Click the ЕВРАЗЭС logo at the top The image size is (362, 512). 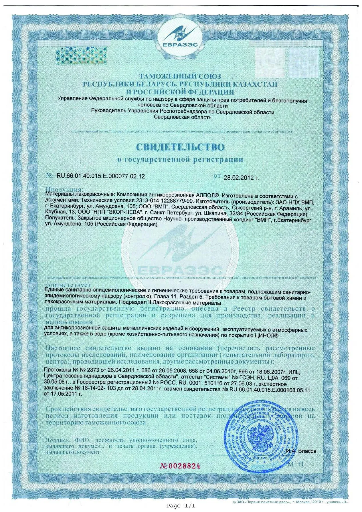[x=181, y=31]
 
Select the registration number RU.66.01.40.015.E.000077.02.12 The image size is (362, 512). [x=99, y=176]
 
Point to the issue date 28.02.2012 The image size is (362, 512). [x=241, y=177]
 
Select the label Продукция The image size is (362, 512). [x=65, y=189]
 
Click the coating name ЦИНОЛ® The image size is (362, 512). [x=266, y=336]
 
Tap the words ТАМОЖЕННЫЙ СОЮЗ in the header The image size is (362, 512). [x=180, y=76]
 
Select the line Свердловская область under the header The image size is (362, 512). [x=183, y=117]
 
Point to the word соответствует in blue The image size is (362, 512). [x=68, y=285]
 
